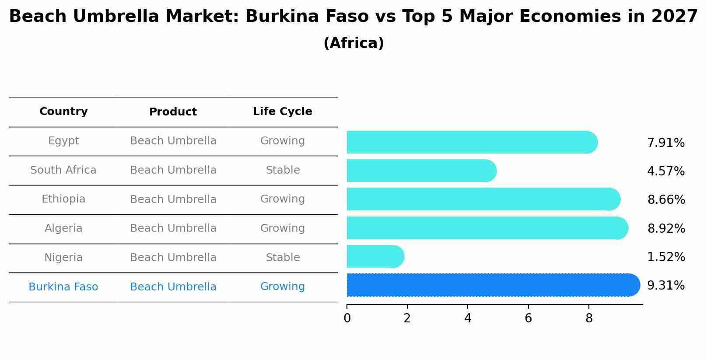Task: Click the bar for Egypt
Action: [472, 142]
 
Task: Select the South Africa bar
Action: [421, 171]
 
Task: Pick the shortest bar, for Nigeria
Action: [375, 256]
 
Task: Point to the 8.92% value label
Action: [666, 229]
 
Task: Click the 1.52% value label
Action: [666, 257]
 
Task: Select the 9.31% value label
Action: [665, 286]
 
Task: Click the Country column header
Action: [63, 112]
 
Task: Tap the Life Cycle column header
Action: [282, 112]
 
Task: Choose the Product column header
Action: [173, 112]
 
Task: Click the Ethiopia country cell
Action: [63, 199]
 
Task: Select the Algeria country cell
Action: [63, 228]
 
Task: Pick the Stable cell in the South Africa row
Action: [283, 170]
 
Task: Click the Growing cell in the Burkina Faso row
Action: [282, 287]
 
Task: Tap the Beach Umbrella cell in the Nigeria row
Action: [173, 258]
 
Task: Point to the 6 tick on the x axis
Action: [528, 318]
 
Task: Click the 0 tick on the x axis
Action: [347, 318]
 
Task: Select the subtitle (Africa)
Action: [353, 43]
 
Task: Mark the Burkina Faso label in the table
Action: [63, 287]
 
